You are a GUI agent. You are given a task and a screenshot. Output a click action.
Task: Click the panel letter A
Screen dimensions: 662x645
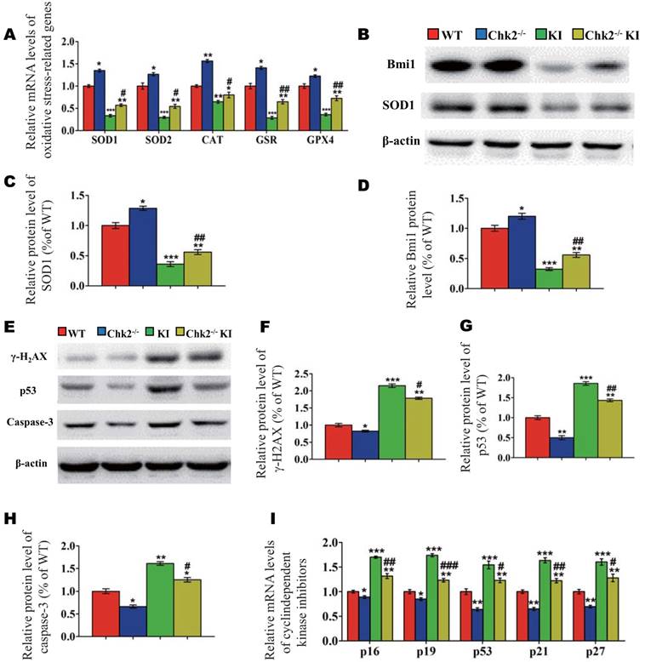click(x=9, y=35)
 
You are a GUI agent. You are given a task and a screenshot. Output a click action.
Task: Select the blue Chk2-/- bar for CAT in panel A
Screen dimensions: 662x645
click(x=207, y=93)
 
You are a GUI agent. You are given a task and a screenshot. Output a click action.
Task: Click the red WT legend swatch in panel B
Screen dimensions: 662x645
click(x=432, y=36)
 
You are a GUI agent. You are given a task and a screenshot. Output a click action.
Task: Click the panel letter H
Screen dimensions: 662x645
click(x=9, y=519)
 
